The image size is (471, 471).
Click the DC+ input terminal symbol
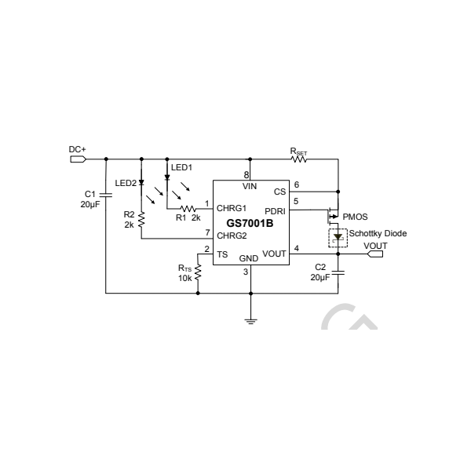pyautogui.click(x=78, y=159)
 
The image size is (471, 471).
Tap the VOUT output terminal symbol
pyautogui.click(x=375, y=254)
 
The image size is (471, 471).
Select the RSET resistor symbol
pyautogui.click(x=299, y=159)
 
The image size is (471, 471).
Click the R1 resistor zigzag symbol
pyautogui.click(x=188, y=208)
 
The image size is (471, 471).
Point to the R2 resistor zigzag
pyautogui.click(x=141, y=220)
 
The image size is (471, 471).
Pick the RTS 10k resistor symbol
pyautogui.click(x=198, y=272)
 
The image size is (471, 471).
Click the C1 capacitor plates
pyautogui.click(x=106, y=195)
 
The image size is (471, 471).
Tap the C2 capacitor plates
pyautogui.click(x=338, y=272)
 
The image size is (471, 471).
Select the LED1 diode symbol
pyautogui.click(x=167, y=177)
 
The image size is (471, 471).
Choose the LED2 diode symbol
pyautogui.click(x=141, y=183)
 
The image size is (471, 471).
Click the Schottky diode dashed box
pyautogui.click(x=338, y=238)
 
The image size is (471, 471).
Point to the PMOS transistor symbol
pyautogui.click(x=333, y=216)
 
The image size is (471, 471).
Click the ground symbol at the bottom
pyautogui.click(x=251, y=321)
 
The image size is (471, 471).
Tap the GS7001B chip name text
pyautogui.click(x=250, y=224)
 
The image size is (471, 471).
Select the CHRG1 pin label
pyautogui.click(x=232, y=208)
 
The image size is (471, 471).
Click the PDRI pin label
pyautogui.click(x=275, y=211)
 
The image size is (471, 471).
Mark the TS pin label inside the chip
pyautogui.click(x=222, y=254)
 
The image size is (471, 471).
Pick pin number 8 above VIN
pyautogui.click(x=246, y=175)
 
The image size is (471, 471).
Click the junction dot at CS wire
pyautogui.click(x=338, y=192)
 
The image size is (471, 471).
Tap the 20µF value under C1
pyautogui.click(x=90, y=205)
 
